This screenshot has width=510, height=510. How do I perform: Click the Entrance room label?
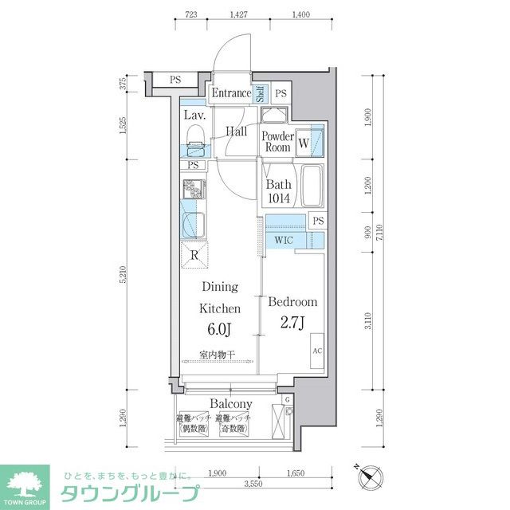(x=231, y=93)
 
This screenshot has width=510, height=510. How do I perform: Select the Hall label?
(x=236, y=131)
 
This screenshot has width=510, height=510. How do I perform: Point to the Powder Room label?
(x=277, y=142)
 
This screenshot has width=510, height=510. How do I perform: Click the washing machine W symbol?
(x=304, y=143)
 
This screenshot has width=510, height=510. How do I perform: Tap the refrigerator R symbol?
(x=195, y=256)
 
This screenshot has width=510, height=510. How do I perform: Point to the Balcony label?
(x=231, y=404)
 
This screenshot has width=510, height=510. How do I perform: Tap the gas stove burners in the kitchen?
(x=193, y=191)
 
